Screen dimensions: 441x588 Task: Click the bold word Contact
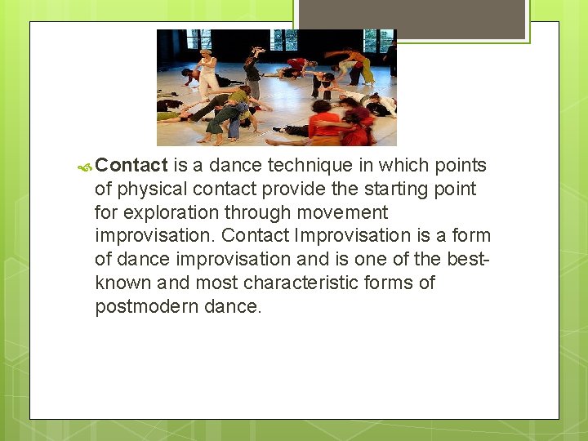tap(131, 165)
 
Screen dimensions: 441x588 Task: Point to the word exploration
tap(176, 212)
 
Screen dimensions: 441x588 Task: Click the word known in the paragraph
tap(122, 283)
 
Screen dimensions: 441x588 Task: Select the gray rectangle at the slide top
tap(411, 19)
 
